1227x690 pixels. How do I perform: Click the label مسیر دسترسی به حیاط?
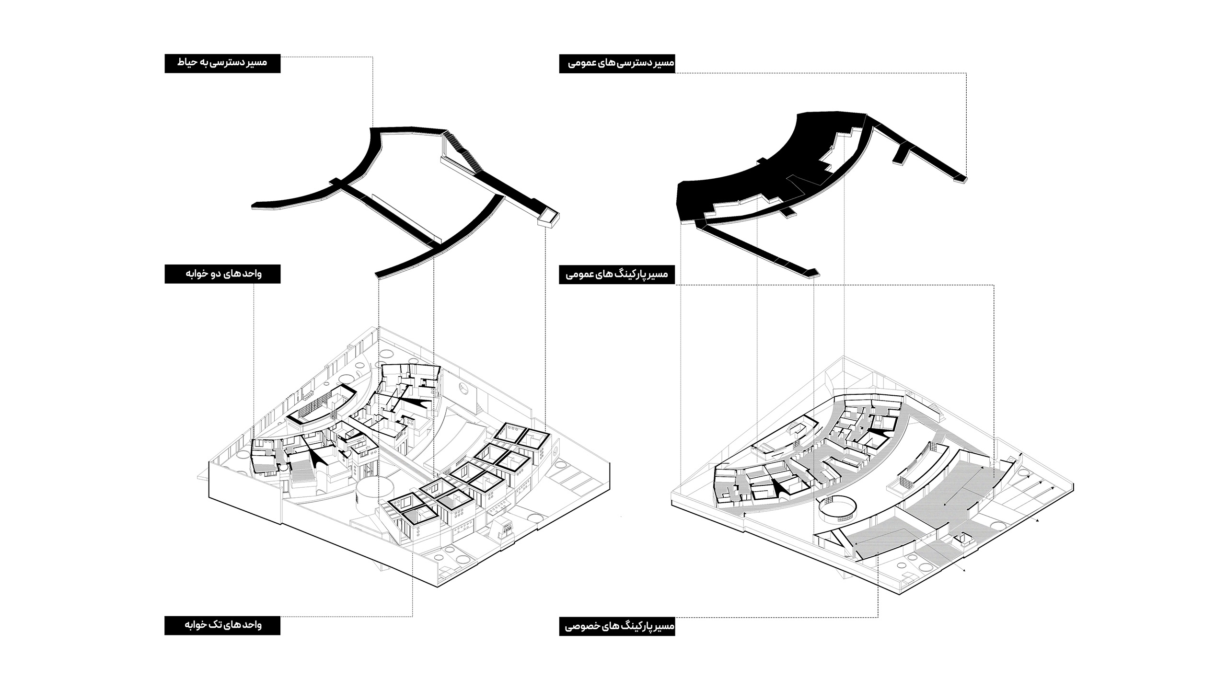222,63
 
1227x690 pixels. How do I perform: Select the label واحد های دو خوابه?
222,274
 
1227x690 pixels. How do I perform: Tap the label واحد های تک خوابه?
222,625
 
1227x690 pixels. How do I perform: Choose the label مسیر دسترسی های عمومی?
617,63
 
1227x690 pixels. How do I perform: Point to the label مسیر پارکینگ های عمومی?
617,275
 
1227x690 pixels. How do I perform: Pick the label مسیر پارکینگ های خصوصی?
617,626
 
